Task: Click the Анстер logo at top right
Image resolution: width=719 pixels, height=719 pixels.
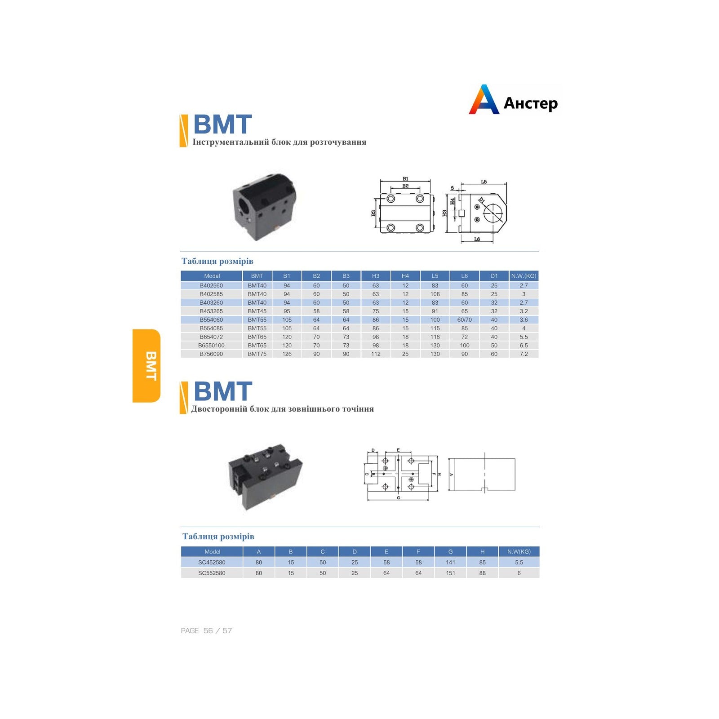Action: pos(513,100)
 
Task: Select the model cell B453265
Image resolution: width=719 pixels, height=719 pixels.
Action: pos(211,311)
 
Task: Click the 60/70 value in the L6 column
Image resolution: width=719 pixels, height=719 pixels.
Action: pos(464,320)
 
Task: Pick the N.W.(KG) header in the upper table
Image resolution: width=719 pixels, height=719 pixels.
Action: pos(524,276)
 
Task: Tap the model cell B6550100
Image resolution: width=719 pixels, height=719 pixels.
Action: pos(211,346)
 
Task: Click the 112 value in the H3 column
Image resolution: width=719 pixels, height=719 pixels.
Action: pos(376,354)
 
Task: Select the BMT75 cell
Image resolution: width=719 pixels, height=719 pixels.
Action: pos(257,354)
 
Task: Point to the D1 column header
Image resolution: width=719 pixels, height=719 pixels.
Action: pos(494,276)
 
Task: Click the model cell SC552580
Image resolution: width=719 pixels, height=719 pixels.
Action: pos(212,573)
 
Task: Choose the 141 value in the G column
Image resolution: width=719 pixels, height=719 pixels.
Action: pos(450,562)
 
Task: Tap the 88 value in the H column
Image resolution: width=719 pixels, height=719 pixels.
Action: pos(482,573)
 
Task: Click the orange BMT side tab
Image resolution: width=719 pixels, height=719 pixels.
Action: pos(146,366)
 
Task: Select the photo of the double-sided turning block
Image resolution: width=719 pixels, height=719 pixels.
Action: pos(265,477)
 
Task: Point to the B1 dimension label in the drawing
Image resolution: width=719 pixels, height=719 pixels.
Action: pos(405,179)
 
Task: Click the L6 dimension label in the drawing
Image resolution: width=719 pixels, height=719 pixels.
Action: pos(477,239)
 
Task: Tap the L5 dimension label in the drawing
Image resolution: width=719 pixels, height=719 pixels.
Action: pos(484,182)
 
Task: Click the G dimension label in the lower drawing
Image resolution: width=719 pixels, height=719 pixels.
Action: pos(399,498)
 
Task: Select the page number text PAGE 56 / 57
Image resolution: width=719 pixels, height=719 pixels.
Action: pos(206,630)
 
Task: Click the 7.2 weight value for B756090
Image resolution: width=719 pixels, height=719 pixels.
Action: pos(524,354)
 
